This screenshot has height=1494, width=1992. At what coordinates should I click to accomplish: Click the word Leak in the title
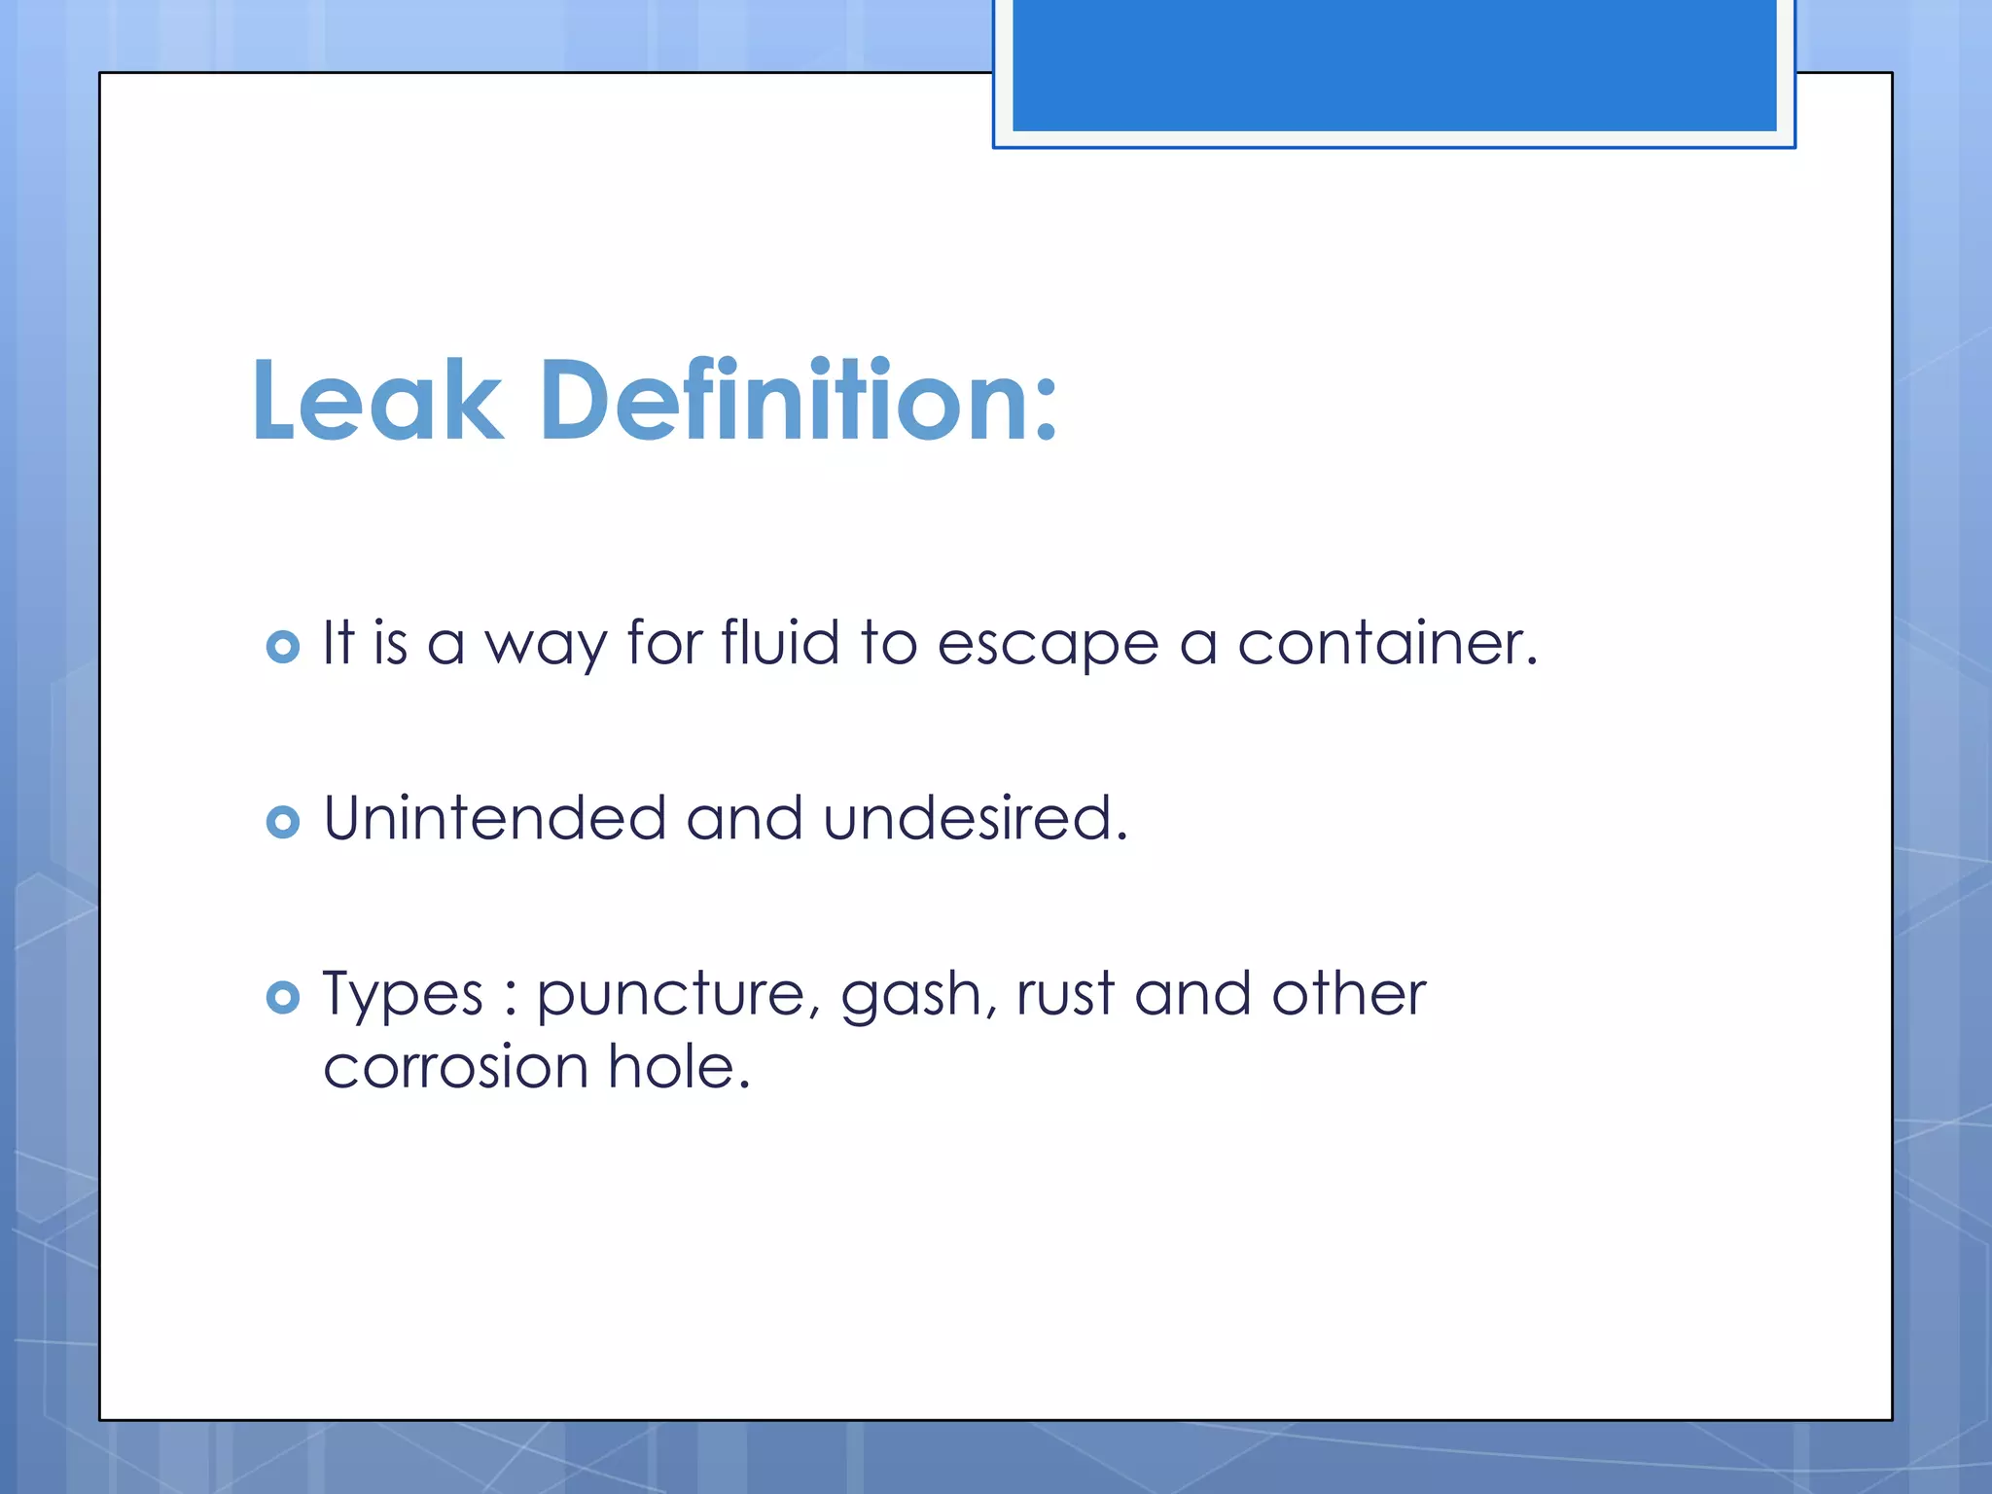377,401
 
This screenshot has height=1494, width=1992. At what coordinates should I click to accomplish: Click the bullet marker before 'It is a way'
282,647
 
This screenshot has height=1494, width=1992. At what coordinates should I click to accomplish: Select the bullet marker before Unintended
282,823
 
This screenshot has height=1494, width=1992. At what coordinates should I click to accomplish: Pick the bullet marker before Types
282,997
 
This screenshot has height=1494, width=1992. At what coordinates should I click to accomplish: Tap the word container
1386,643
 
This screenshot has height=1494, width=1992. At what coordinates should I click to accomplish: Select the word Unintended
494,818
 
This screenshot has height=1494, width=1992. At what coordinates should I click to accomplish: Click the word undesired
975,818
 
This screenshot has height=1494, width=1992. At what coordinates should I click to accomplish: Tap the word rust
1065,995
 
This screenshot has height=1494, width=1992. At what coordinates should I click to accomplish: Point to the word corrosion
455,1067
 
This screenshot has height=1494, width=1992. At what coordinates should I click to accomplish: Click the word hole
678,1066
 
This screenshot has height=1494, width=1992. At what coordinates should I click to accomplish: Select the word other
1348,994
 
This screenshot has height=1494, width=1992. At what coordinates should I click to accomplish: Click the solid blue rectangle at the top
1394,64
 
